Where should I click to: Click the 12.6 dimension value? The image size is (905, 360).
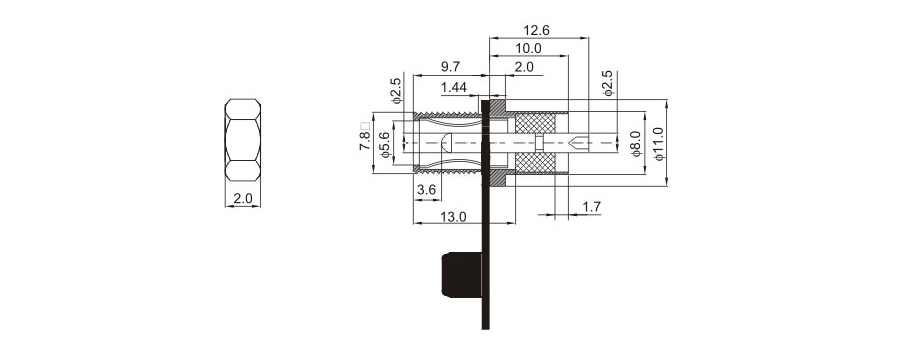(x=536, y=30)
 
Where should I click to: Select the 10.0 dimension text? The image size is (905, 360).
(x=528, y=48)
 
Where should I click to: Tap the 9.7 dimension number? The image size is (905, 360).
(x=451, y=67)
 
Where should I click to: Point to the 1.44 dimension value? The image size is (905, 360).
(x=453, y=88)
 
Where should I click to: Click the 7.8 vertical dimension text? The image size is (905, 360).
(x=364, y=141)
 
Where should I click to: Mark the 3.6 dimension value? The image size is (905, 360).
(x=427, y=190)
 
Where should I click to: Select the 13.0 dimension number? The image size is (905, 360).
(x=453, y=217)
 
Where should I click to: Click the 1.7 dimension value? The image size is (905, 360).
(x=592, y=206)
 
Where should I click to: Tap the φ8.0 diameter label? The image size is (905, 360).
(x=636, y=143)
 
